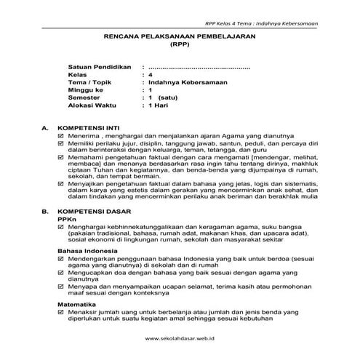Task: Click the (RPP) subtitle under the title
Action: pyautogui.click(x=179, y=44)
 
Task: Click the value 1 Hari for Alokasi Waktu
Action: pyautogui.click(x=158, y=105)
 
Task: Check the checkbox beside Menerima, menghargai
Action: pyautogui.click(x=61, y=135)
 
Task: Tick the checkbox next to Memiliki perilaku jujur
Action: pyautogui.click(x=61, y=143)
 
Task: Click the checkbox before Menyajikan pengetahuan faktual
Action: pyautogui.click(x=61, y=185)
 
